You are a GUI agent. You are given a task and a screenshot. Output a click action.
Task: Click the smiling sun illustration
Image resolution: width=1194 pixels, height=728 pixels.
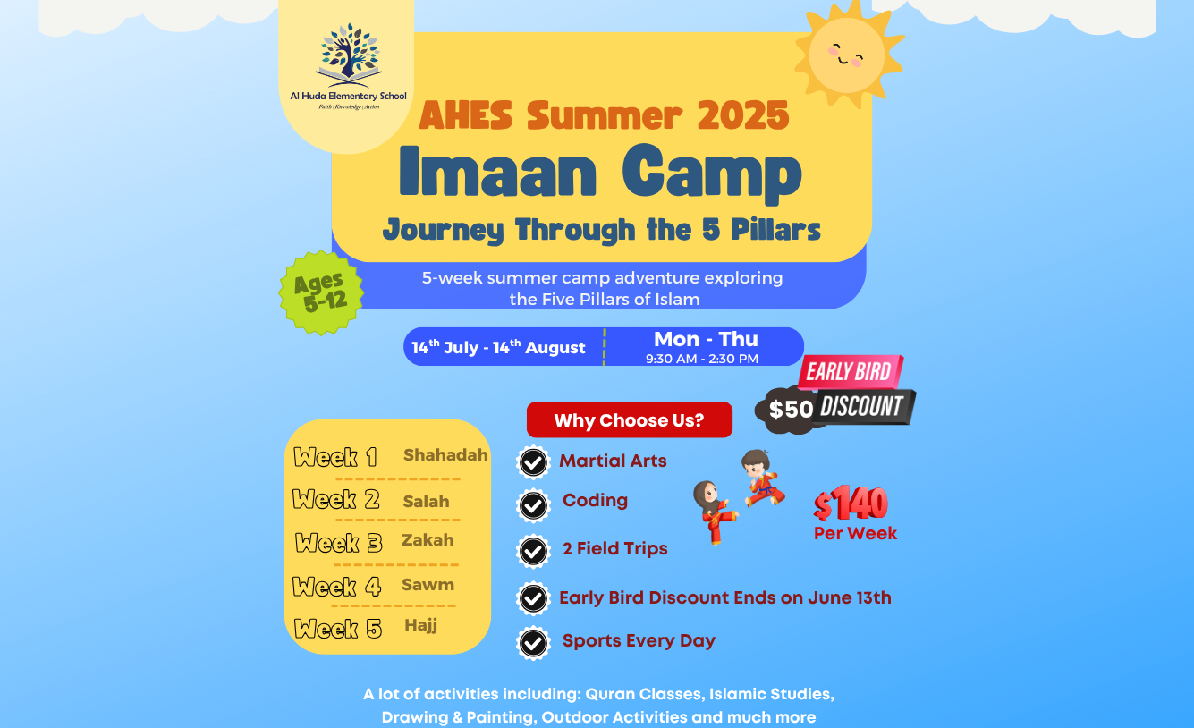click(x=849, y=55)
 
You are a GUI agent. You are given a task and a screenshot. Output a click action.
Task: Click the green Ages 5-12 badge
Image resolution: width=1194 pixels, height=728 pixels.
click(x=321, y=292)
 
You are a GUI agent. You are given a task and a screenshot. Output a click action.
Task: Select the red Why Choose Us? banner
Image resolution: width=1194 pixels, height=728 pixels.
click(x=630, y=420)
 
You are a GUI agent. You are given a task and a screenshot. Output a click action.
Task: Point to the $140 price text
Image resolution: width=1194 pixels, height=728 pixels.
click(x=851, y=504)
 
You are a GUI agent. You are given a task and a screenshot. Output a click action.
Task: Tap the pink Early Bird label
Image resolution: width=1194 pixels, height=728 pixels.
click(x=850, y=371)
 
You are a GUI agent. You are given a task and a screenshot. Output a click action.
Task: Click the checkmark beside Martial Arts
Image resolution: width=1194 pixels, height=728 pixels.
click(x=533, y=462)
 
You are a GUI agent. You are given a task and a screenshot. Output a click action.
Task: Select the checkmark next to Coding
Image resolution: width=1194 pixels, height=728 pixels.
click(x=533, y=505)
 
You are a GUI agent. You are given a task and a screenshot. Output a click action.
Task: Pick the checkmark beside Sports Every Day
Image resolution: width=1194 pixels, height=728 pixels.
click(x=533, y=643)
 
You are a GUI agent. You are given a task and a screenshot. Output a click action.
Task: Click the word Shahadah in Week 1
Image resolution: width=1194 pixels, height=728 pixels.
click(x=445, y=454)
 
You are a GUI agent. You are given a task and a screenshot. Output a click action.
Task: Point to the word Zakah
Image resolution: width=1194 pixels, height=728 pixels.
click(x=428, y=540)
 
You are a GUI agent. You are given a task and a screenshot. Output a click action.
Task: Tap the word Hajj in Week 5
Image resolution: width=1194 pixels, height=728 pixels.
click(x=421, y=625)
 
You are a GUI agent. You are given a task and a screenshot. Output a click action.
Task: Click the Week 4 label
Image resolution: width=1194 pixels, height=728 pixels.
click(x=337, y=587)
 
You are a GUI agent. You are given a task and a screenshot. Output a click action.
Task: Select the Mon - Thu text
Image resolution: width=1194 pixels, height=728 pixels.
click(x=706, y=340)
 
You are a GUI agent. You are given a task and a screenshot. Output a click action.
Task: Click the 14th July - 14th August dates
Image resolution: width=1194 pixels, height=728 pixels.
click(x=498, y=347)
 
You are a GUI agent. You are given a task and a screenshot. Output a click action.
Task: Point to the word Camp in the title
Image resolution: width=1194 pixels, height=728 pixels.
click(x=712, y=174)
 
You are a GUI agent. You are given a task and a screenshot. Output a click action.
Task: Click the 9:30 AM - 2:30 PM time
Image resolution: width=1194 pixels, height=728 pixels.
click(x=702, y=359)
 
